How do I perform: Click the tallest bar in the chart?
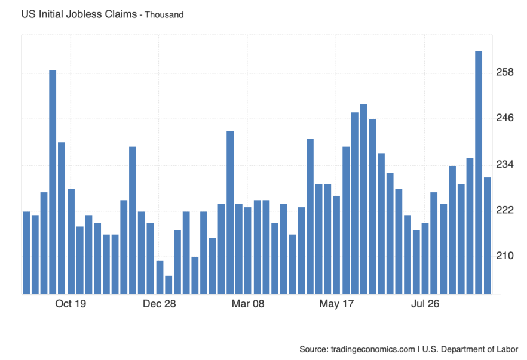click(x=479, y=173)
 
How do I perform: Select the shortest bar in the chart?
click(x=168, y=285)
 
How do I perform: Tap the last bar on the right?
click(x=488, y=236)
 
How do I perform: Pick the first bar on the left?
click(x=26, y=253)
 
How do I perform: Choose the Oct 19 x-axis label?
click(x=71, y=304)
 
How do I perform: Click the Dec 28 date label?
click(x=160, y=304)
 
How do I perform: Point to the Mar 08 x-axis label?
click(x=248, y=304)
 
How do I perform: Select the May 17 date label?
click(x=336, y=304)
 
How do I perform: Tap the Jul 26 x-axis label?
click(x=425, y=304)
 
